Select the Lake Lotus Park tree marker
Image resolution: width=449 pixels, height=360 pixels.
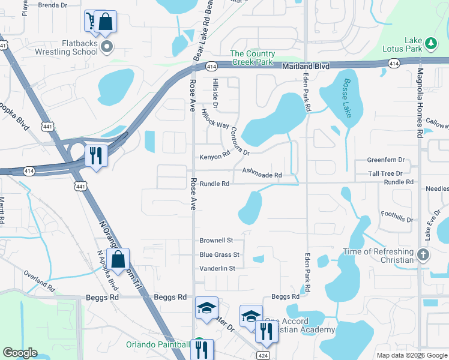[431, 43]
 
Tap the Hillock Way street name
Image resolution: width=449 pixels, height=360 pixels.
[215, 118]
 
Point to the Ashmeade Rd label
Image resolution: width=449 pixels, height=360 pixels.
[262, 173]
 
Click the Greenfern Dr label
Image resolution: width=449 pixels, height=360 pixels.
[386, 160]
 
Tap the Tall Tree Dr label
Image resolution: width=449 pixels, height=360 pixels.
[385, 173]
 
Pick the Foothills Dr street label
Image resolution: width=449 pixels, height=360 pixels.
[397, 216]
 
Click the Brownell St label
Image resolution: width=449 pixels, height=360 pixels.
[216, 240]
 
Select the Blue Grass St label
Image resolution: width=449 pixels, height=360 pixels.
[219, 255]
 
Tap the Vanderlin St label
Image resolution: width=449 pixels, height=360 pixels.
[217, 268]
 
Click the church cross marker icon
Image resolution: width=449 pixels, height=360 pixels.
[423, 255]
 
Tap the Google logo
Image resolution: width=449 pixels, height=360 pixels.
[20, 353]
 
